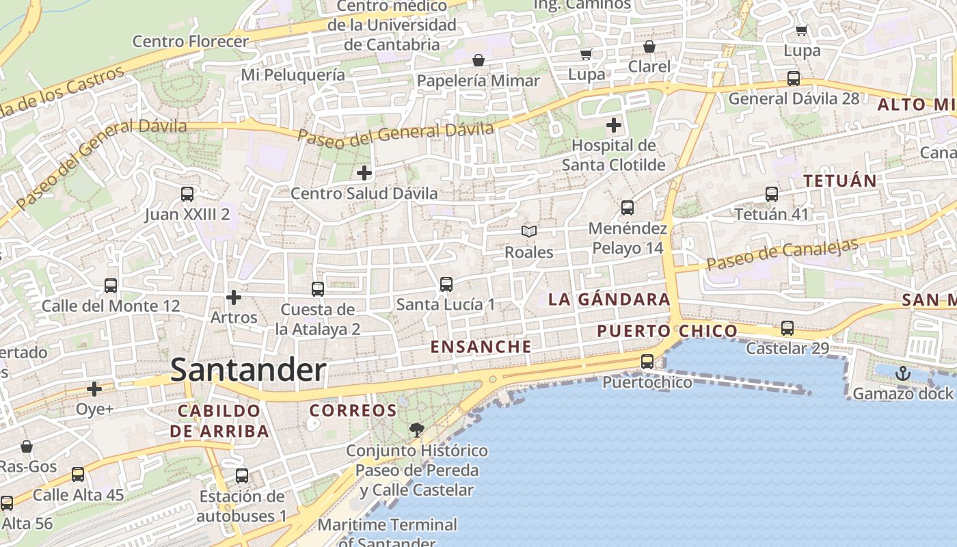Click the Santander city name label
click(x=248, y=370)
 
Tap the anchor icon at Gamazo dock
click(x=903, y=373)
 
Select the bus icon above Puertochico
click(x=647, y=362)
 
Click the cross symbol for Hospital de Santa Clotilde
click(x=614, y=125)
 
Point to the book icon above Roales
click(x=528, y=232)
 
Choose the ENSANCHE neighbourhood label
click(x=481, y=347)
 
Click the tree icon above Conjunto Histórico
click(x=416, y=430)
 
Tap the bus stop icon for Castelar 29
click(x=787, y=328)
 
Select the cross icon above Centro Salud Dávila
click(x=364, y=173)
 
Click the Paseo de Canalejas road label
click(x=782, y=254)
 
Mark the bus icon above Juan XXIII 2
click(x=187, y=194)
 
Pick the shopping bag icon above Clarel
click(x=649, y=46)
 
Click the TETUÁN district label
click(x=839, y=181)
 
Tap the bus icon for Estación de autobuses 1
click(x=242, y=476)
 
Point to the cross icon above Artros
click(x=234, y=297)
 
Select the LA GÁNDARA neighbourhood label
click(x=609, y=299)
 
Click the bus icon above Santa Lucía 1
click(x=446, y=284)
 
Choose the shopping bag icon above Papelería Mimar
click(x=478, y=60)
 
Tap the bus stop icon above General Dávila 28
click(x=793, y=78)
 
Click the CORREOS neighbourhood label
click(x=353, y=411)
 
